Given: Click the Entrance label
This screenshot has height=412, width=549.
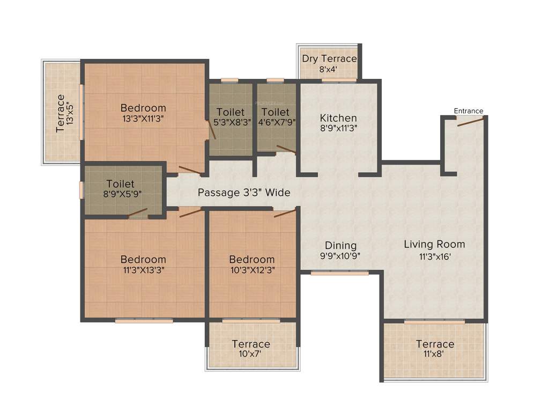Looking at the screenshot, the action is point(469,111).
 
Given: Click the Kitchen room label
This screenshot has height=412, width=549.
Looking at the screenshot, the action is point(338,118).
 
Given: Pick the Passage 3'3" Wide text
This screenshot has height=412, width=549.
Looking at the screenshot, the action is point(244,192).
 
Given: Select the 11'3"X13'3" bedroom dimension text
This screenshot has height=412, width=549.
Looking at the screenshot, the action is point(143,270).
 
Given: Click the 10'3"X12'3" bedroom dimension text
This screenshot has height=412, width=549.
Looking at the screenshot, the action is point(251,270).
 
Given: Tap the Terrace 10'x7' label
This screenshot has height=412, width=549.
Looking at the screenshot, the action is point(251,344).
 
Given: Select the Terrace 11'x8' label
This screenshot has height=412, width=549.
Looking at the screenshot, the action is point(435,344).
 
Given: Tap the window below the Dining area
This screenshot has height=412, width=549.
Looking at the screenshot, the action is point(339,273).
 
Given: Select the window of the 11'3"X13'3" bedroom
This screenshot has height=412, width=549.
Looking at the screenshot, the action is point(144,321).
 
